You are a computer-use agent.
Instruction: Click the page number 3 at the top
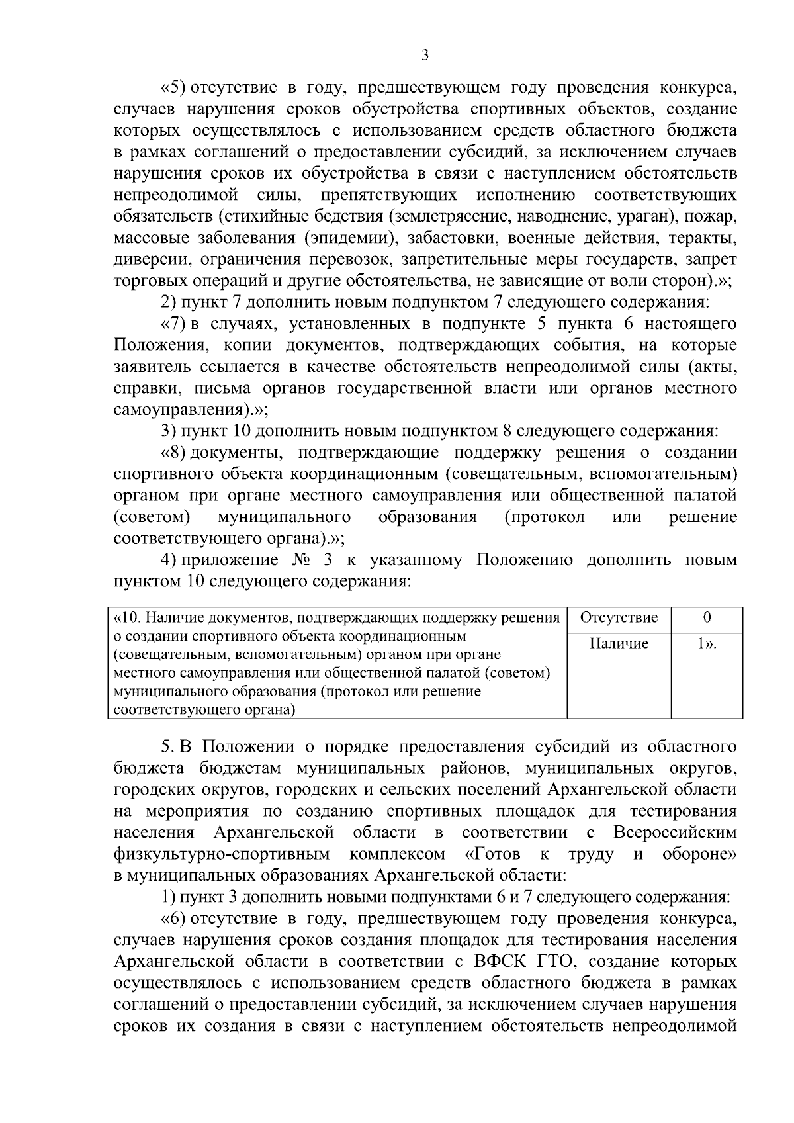pyautogui.click(x=425, y=56)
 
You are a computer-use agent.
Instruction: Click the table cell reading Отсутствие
pyautogui.click(x=619, y=618)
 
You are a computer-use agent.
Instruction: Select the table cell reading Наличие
pyautogui.click(x=619, y=643)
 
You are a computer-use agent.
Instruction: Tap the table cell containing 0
pyautogui.click(x=707, y=618)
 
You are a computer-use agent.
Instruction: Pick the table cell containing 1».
pyautogui.click(x=707, y=643)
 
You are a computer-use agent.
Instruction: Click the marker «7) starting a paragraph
pyautogui.click(x=174, y=324)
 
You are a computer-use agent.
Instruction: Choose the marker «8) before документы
pyautogui.click(x=174, y=453)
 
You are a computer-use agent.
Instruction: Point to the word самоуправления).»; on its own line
pyautogui.click(x=191, y=410)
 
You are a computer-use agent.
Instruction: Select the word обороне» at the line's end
pyautogui.click(x=699, y=854)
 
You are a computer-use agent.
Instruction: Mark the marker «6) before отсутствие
pyautogui.click(x=174, y=919)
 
